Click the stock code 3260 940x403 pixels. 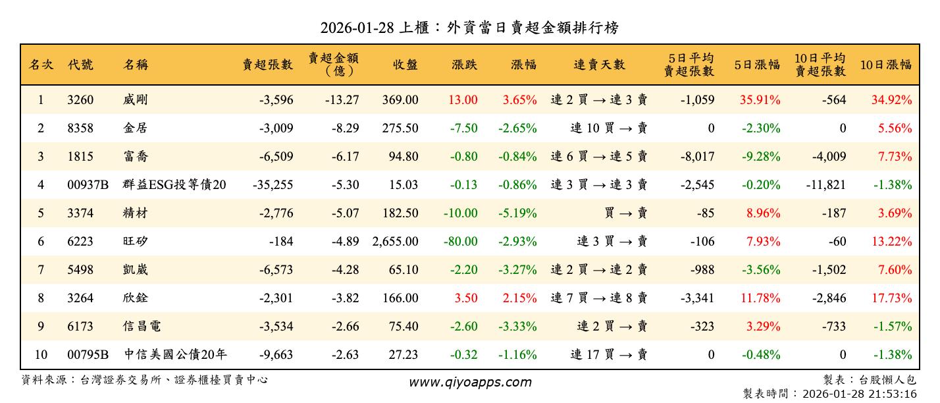(x=80, y=100)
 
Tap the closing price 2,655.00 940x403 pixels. (x=395, y=242)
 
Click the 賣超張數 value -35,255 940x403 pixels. (x=273, y=185)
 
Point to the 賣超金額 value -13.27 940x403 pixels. (x=342, y=100)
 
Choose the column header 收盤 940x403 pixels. (x=405, y=65)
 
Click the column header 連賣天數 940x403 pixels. (x=599, y=65)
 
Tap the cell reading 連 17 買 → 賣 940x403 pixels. (x=608, y=355)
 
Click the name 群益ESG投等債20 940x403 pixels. (x=174, y=185)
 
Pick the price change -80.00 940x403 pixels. (x=460, y=242)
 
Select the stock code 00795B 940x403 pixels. (x=88, y=355)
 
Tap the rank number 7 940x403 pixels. (x=41, y=270)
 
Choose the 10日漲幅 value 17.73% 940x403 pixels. (x=891, y=298)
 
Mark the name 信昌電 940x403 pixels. (x=142, y=327)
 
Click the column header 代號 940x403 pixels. (x=80, y=65)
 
